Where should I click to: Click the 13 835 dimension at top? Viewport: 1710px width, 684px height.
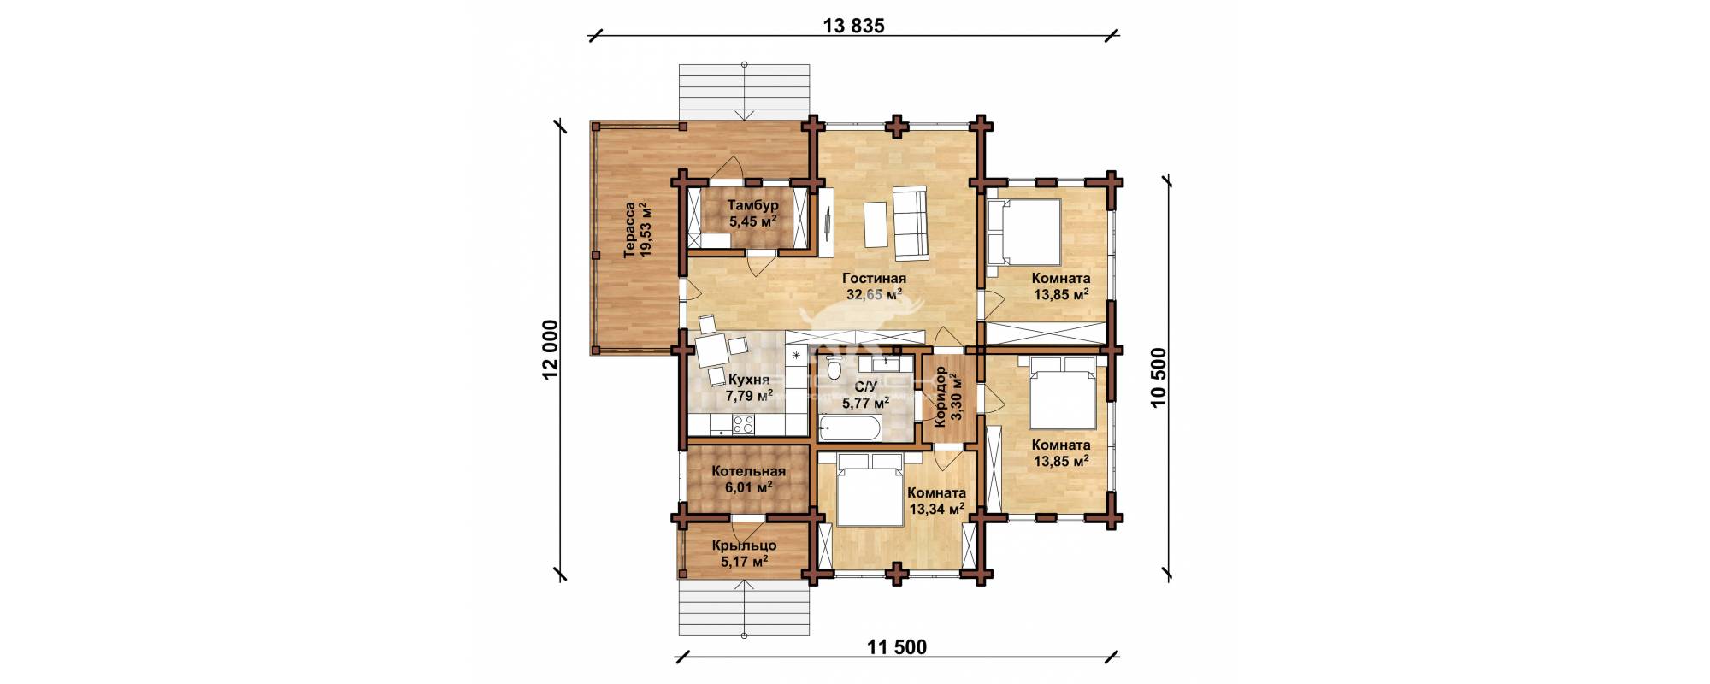click(x=852, y=25)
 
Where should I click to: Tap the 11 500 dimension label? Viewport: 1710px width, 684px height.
click(x=896, y=646)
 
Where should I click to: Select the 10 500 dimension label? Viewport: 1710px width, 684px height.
click(x=1159, y=378)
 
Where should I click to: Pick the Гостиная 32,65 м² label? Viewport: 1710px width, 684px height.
click(x=873, y=286)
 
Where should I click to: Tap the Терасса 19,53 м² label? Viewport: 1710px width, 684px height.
click(x=638, y=230)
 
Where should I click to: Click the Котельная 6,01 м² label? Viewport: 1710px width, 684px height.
click(x=748, y=479)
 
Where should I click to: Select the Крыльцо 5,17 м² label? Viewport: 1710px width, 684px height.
click(x=744, y=552)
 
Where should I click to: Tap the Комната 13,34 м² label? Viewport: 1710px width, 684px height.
click(x=936, y=501)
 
